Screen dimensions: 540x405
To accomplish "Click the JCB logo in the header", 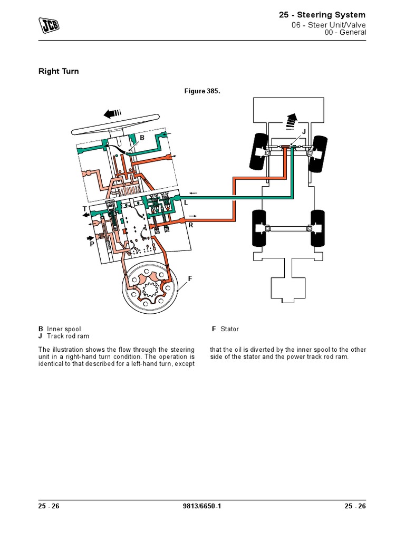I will (47, 25).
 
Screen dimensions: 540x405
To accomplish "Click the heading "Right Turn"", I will (59, 71).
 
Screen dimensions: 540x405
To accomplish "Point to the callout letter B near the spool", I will (141, 138).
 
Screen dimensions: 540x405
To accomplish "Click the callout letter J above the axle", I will (304, 131).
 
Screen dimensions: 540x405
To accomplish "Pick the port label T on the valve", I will (84, 209).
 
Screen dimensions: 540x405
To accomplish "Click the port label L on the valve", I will (185, 202).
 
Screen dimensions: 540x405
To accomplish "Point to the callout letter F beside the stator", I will (190, 278).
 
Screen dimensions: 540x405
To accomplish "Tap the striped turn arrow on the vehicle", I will (290, 121).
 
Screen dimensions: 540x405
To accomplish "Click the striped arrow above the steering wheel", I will (113, 113).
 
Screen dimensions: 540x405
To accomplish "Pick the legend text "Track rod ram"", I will (68, 336).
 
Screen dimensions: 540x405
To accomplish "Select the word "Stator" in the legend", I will (229, 329).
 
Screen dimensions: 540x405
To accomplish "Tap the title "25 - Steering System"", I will (322, 15).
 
